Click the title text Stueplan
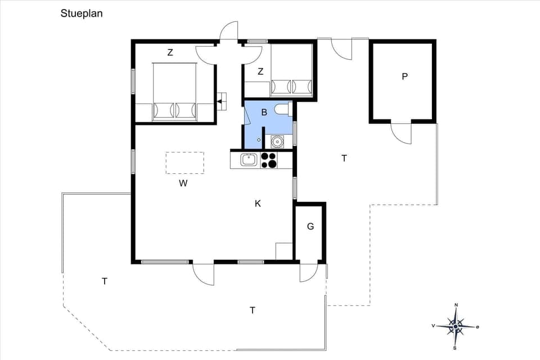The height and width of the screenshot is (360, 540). point(82,13)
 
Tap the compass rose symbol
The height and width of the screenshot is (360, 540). point(456,326)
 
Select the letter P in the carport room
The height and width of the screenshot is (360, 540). point(404,76)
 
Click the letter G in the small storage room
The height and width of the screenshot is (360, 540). point(310,227)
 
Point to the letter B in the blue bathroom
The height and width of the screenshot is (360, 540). point(263,112)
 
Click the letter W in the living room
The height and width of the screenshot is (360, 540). point(183,183)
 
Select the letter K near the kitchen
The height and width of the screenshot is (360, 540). point(258,204)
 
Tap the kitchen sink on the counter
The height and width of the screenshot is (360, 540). point(249,160)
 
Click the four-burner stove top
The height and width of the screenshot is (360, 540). point(269,160)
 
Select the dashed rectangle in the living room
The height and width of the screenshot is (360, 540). point(184,163)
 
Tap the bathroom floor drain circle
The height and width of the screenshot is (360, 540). point(259,139)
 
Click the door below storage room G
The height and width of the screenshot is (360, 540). point(309,272)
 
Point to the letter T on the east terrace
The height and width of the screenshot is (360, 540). point(344,159)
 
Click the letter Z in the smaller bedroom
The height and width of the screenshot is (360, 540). point(260,71)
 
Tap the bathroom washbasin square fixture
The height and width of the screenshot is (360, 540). point(277,141)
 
